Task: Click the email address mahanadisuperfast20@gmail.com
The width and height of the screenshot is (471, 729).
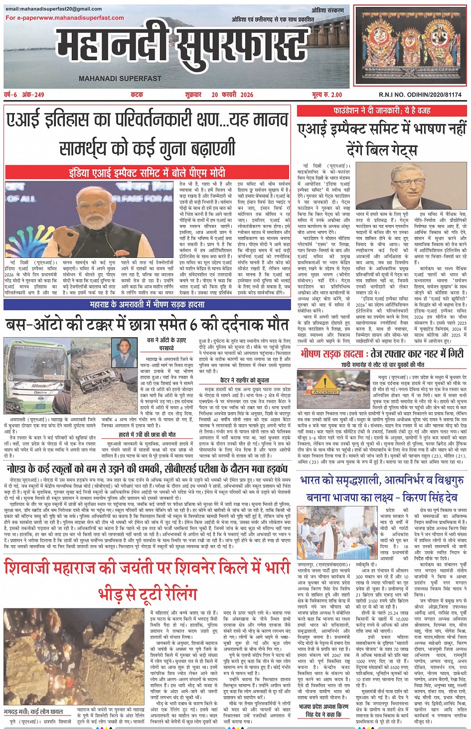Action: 53,8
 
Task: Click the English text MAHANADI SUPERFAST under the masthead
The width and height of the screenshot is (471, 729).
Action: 120,78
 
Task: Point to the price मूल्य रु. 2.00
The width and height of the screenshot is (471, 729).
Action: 327,95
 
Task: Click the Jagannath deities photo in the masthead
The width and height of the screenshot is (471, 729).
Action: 410,46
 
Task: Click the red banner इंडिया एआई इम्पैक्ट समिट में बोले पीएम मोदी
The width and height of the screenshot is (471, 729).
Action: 148,173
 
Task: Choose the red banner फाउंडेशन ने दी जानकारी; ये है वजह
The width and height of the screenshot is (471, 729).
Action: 382,111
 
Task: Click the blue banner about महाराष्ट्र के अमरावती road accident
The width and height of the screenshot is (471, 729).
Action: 148,304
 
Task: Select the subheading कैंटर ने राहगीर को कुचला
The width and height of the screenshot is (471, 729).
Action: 244,380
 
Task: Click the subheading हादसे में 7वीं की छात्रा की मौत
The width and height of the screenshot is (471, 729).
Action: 147,434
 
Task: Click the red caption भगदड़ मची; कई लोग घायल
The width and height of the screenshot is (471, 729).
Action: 33,711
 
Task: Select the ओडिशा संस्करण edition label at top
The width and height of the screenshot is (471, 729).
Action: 327,10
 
